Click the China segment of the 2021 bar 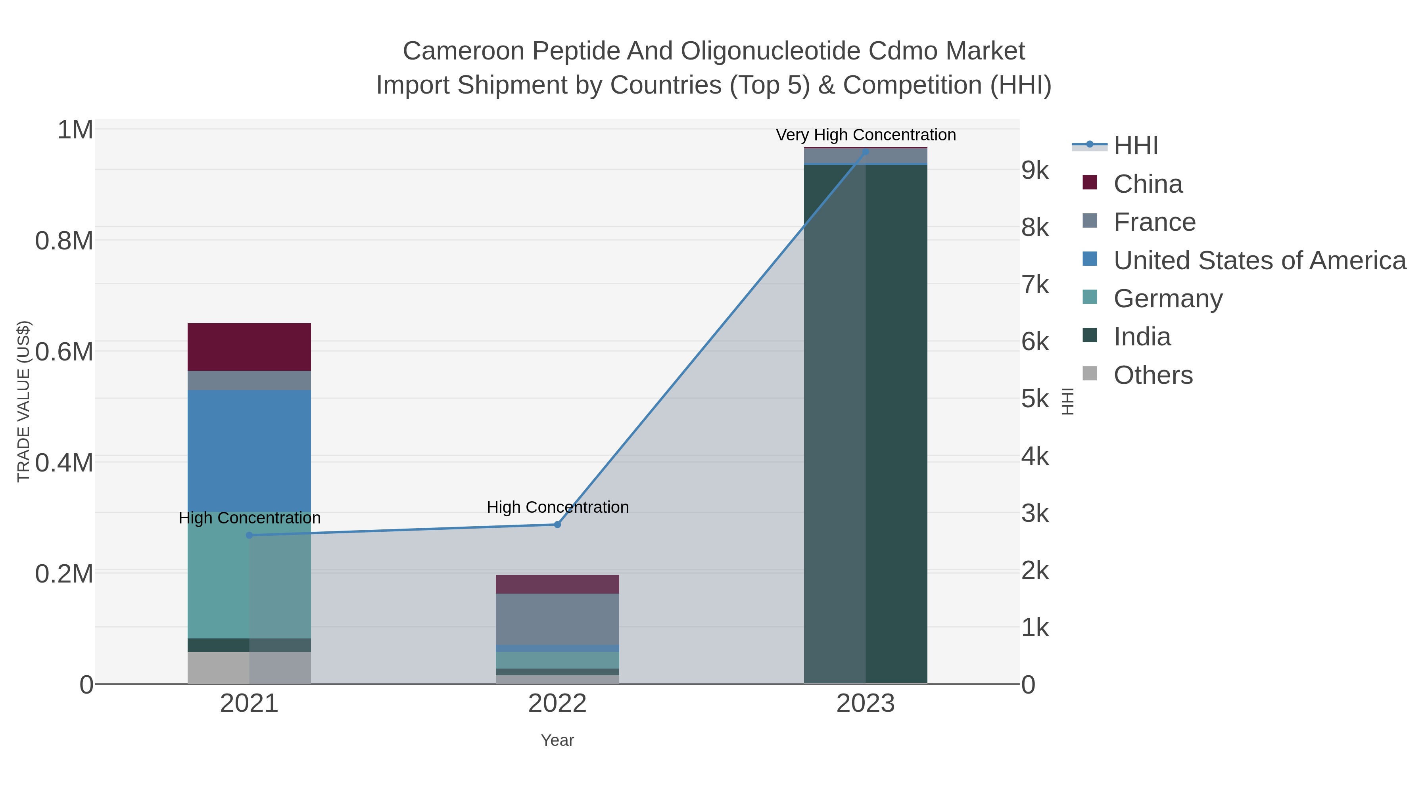point(249,347)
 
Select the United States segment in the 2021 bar point(249,450)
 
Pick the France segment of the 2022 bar point(557,619)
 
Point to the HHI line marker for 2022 point(558,524)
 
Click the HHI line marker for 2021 point(249,535)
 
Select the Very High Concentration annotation point(866,135)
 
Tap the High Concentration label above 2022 point(558,507)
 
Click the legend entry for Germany point(1167,299)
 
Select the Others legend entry point(1152,375)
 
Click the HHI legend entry point(1135,146)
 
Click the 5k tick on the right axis point(1035,399)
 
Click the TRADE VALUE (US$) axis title point(23,401)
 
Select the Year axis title point(557,740)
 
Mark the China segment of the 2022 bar point(557,584)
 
